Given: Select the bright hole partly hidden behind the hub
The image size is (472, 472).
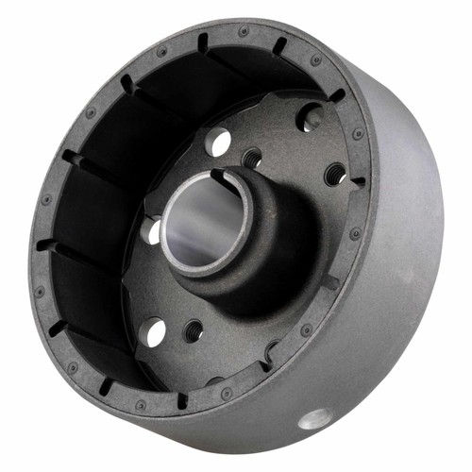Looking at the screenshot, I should pos(151,228).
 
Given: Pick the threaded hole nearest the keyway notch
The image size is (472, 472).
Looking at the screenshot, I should pos(252,156).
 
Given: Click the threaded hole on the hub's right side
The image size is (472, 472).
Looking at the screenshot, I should pos(334,174).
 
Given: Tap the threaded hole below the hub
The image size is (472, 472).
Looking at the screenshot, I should pos(194,329).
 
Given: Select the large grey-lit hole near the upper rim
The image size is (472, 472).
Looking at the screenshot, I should pos(309,117).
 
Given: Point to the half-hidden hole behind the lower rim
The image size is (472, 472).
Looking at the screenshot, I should pos(271,351).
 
